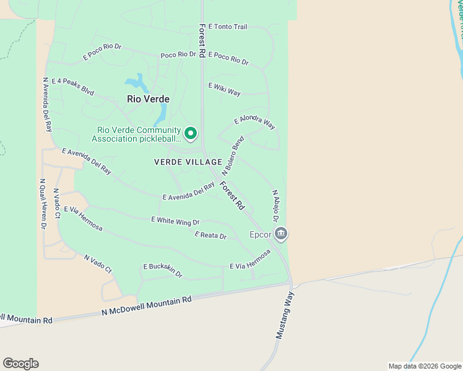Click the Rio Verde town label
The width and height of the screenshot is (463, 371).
(148, 98)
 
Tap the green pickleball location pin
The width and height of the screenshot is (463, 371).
(191, 133)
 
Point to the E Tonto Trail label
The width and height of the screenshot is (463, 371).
(228, 27)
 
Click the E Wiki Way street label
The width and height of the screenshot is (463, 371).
(224, 89)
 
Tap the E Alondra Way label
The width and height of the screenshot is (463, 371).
(254, 122)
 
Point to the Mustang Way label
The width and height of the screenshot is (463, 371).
(284, 315)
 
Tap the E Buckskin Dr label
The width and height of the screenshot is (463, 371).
(163, 270)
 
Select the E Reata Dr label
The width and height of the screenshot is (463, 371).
(210, 235)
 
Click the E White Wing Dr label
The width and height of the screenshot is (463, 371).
(175, 220)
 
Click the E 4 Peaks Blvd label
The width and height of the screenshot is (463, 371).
(72, 86)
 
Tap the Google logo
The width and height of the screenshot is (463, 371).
(20, 364)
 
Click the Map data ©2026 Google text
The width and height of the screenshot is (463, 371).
(424, 366)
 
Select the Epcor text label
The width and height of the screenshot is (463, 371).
(260, 235)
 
